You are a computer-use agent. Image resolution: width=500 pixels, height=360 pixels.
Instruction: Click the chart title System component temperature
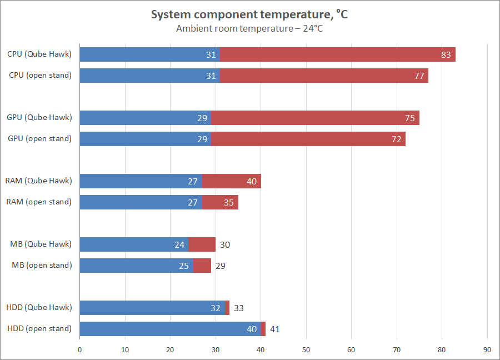[x=249, y=15]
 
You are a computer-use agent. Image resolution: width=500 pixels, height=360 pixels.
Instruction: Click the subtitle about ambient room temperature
[x=249, y=29]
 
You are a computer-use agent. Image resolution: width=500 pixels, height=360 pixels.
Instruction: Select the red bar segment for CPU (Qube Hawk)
[x=337, y=54]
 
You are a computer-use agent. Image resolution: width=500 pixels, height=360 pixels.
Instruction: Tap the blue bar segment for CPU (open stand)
[x=149, y=76]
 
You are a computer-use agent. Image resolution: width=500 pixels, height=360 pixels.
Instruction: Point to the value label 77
[x=419, y=76]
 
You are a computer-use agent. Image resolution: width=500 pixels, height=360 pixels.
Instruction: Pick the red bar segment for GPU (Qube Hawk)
[x=315, y=118]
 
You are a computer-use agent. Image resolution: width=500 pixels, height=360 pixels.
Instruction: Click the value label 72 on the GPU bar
[x=396, y=139]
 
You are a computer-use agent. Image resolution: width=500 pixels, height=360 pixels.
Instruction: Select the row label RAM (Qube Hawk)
[x=39, y=181]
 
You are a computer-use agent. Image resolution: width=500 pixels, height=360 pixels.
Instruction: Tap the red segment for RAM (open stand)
[x=220, y=202]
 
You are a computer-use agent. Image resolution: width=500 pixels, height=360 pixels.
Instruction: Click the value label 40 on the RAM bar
[x=252, y=181]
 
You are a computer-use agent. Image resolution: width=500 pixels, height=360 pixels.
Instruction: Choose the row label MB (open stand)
[x=42, y=265]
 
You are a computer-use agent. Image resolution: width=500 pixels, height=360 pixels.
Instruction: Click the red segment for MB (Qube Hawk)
[x=202, y=244]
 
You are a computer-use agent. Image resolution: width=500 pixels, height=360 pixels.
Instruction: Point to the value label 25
[x=184, y=266]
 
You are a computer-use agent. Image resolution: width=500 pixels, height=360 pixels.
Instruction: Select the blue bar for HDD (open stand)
[x=170, y=329]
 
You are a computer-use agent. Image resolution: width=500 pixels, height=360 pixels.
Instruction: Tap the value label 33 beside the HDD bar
[x=239, y=308]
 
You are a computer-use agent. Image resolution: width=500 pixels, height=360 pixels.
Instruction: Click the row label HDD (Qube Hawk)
[x=39, y=307]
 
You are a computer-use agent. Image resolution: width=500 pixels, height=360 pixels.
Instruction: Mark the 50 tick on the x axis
[x=306, y=349]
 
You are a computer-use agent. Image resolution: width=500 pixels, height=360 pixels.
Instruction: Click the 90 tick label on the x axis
[x=487, y=349]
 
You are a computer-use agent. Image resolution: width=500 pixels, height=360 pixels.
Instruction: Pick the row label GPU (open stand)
[x=39, y=138]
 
